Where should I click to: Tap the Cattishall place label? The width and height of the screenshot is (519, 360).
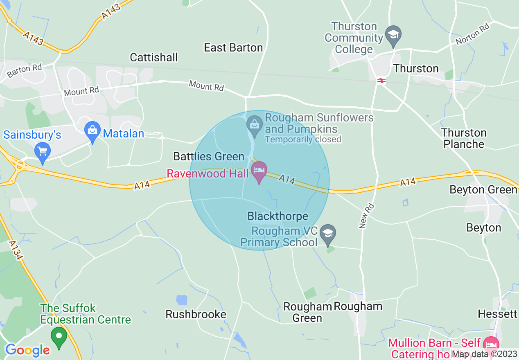[154, 57]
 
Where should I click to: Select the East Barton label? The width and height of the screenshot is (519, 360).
[233, 48]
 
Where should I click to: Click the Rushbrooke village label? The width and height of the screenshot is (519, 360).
[196, 314]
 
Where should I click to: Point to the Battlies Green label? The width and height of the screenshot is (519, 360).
[209, 156]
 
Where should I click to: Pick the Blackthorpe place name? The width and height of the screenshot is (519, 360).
[278, 216]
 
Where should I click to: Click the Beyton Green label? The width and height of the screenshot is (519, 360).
[483, 190]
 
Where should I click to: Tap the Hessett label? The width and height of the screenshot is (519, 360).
[497, 314]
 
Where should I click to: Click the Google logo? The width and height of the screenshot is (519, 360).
[27, 350]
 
